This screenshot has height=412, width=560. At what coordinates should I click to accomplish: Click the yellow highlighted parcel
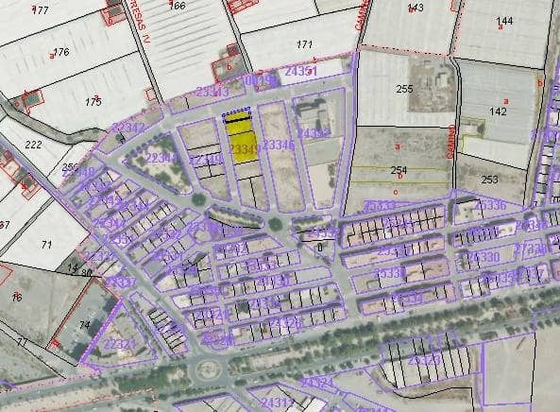tap(243, 146)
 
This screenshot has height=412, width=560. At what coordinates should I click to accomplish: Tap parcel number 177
tap(40, 9)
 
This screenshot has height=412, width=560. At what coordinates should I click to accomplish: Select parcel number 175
tap(93, 101)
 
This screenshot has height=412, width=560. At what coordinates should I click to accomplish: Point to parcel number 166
tap(177, 6)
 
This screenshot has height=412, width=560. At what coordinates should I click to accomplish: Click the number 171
tap(304, 44)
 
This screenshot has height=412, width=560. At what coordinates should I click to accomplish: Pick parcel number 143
tap(416, 9)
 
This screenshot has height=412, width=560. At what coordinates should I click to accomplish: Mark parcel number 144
tap(504, 20)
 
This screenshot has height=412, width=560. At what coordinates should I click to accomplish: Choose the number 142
tap(498, 112)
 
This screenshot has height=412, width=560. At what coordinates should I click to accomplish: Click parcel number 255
tap(405, 89)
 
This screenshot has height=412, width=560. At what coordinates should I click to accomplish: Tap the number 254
tap(399, 169)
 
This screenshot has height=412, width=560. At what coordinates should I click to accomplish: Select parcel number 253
tap(489, 179)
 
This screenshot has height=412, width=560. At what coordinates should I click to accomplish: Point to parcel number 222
tap(34, 145)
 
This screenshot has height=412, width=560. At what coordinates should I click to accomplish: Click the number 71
tap(45, 245)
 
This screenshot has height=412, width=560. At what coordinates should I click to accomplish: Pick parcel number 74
tap(84, 325)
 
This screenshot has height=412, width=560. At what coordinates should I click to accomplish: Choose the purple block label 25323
tap(425, 360)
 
